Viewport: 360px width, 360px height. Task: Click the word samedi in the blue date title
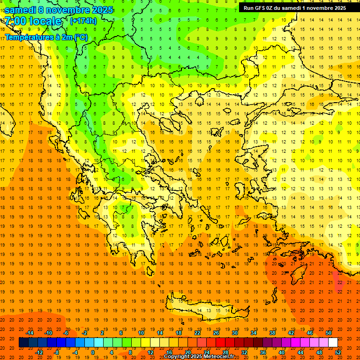click(x=21, y=10)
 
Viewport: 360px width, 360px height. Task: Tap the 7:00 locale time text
click(x=33, y=21)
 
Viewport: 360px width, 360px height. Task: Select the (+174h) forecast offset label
click(x=83, y=21)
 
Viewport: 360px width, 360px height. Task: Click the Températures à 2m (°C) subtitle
click(x=46, y=37)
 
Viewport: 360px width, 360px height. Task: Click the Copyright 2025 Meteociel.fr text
click(x=199, y=356)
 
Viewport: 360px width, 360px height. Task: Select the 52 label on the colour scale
click(x=338, y=352)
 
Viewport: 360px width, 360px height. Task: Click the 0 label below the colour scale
click(x=93, y=352)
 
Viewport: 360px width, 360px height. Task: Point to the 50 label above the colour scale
click(x=328, y=332)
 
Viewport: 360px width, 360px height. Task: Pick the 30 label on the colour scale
click(x=234, y=332)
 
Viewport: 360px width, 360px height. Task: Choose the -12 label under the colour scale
click(x=39, y=352)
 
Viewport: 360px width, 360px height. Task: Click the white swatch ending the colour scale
click(x=333, y=343)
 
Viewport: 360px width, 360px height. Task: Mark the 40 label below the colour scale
click(x=282, y=352)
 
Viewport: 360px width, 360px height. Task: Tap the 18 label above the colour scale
click(x=179, y=332)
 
